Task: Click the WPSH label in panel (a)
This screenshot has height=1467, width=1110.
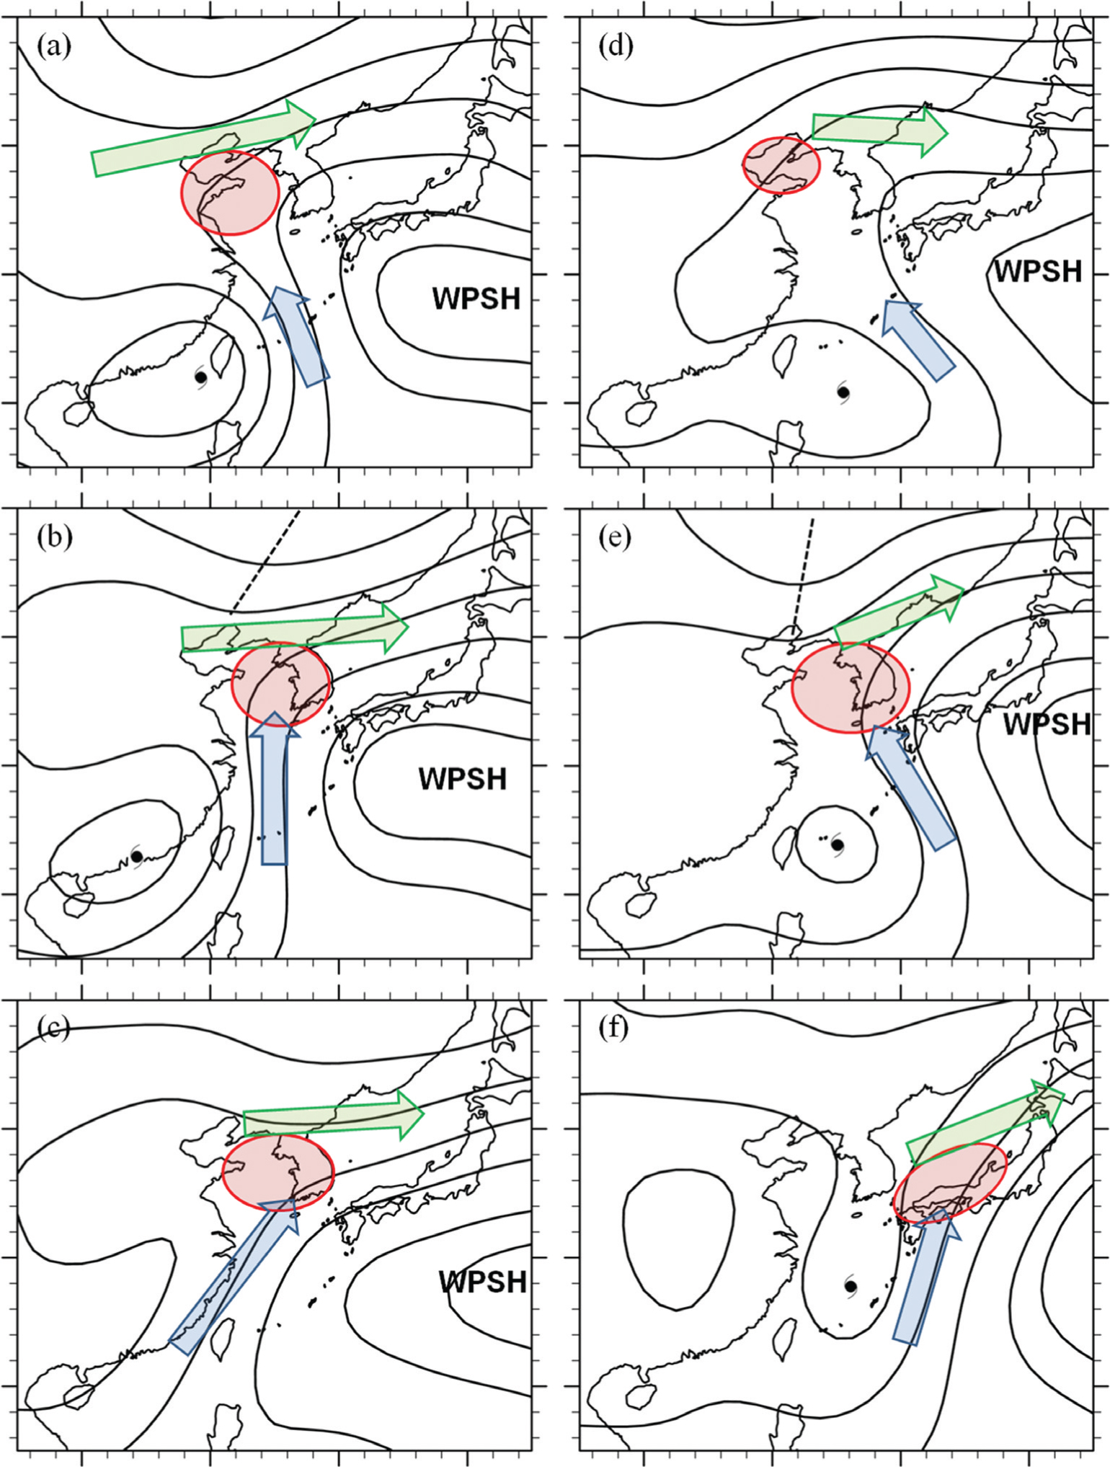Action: pyautogui.click(x=476, y=298)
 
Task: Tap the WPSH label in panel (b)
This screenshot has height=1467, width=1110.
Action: pyautogui.click(x=463, y=779)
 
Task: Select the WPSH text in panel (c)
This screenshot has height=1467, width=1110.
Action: pyautogui.click(x=483, y=1281)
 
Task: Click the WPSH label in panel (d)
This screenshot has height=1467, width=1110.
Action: pyautogui.click(x=1038, y=270)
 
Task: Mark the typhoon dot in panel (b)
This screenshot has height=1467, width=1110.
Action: pyautogui.click(x=137, y=856)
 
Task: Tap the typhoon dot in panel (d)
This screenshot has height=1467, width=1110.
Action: pyautogui.click(x=843, y=392)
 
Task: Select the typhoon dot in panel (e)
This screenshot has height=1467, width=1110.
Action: pyautogui.click(x=838, y=844)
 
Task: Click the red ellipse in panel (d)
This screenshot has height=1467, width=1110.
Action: pyautogui.click(x=781, y=165)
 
